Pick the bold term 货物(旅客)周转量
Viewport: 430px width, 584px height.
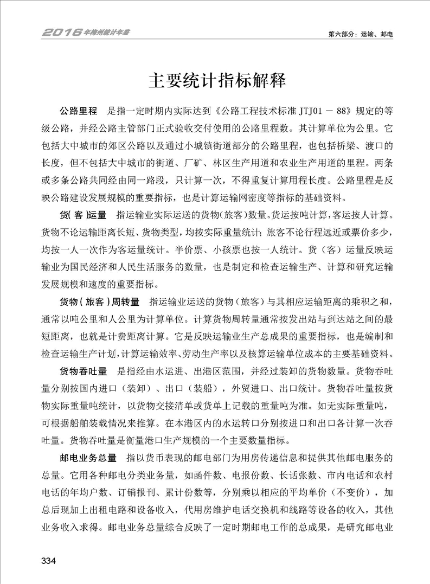pos(99,301)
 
